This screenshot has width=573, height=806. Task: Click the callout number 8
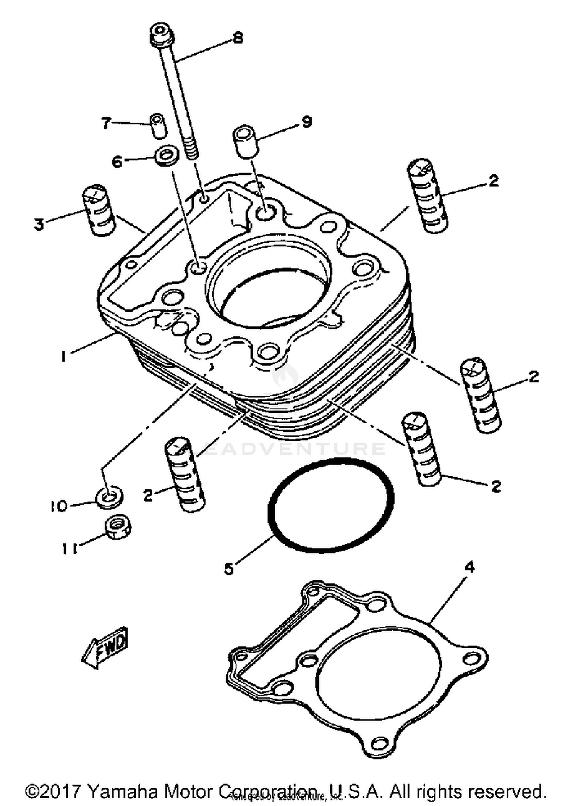[238, 38]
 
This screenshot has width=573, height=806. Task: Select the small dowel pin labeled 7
[158, 126]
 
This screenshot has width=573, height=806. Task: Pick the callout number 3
[39, 225]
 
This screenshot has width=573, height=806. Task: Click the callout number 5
[228, 569]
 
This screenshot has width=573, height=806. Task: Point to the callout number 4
[469, 567]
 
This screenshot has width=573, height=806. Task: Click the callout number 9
[306, 122]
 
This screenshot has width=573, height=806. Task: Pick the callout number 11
[70, 549]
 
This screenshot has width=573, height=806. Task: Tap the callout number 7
[106, 123]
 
